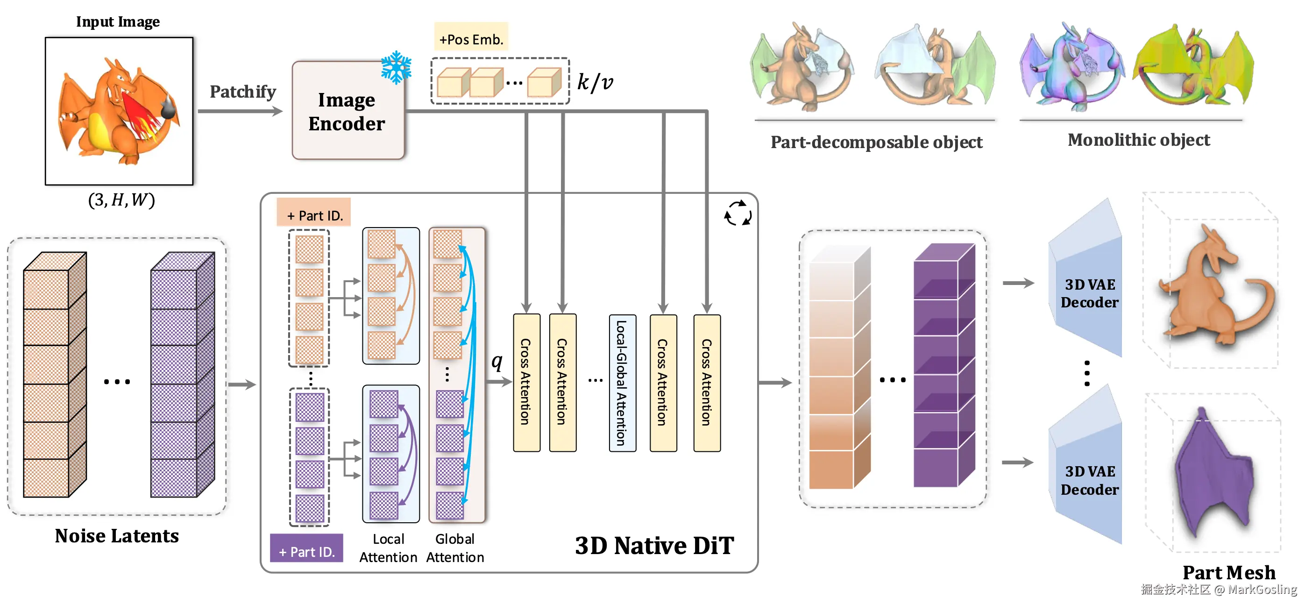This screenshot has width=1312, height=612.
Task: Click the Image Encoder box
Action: pyautogui.click(x=348, y=111)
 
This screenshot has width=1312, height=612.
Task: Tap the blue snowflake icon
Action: pyautogui.click(x=396, y=67)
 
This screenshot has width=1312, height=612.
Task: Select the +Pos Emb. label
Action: pyautogui.click(x=471, y=39)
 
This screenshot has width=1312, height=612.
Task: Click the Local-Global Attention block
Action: pyautogui.click(x=622, y=383)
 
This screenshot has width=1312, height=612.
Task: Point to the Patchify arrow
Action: pyautogui.click(x=240, y=111)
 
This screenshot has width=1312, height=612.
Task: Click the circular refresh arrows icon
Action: pyautogui.click(x=738, y=213)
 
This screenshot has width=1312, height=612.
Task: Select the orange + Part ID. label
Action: pyautogui.click(x=314, y=215)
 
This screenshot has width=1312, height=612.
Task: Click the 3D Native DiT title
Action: pyautogui.click(x=654, y=546)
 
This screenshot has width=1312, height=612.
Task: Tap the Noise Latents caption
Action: pyautogui.click(x=117, y=535)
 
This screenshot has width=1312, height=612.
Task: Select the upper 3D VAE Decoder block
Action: pyautogui.click(x=1088, y=293)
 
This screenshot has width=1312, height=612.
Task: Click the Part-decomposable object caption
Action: pyautogui.click(x=876, y=142)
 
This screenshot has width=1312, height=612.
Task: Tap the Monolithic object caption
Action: pyautogui.click(x=1138, y=140)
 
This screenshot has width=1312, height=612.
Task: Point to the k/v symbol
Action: pyautogui.click(x=595, y=82)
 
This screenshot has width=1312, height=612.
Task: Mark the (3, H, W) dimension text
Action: pyautogui.click(x=121, y=200)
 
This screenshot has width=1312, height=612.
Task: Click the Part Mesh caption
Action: pyautogui.click(x=1228, y=572)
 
